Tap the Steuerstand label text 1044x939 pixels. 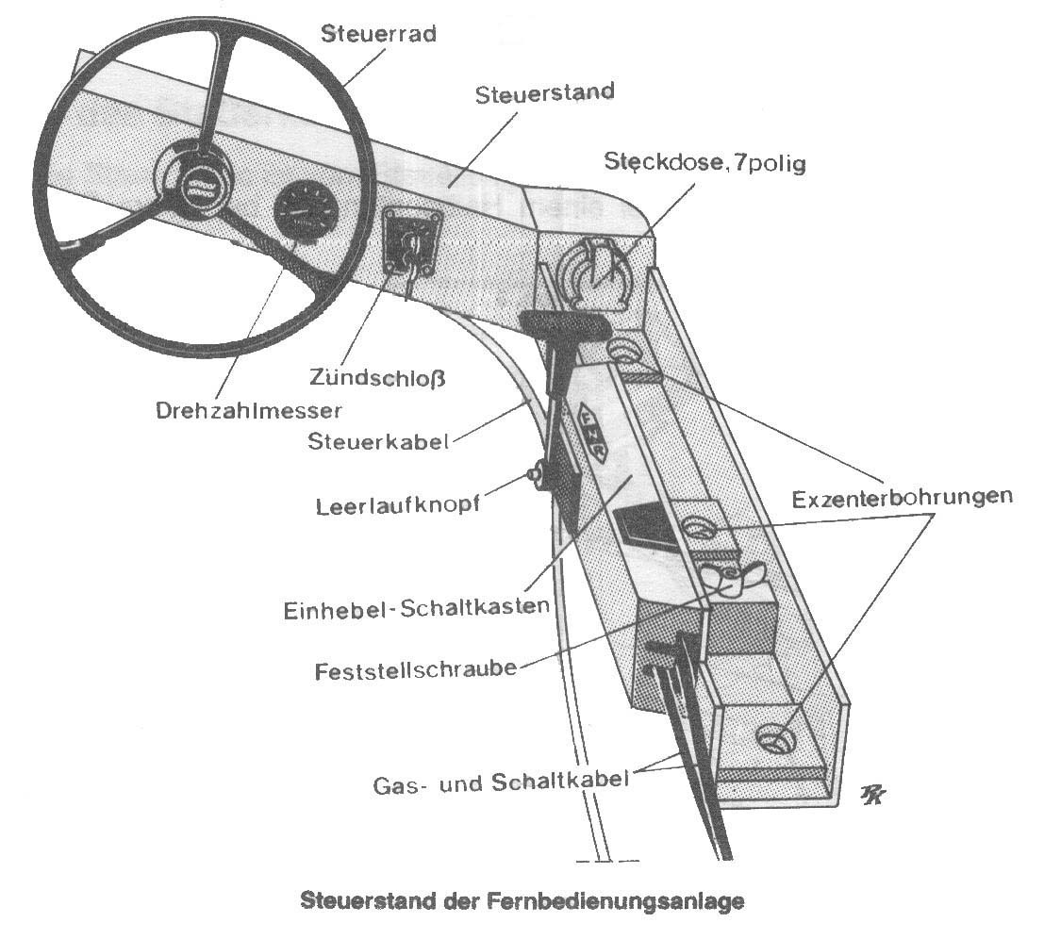pyautogui.click(x=545, y=93)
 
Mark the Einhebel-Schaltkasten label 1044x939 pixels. pyautogui.click(x=416, y=608)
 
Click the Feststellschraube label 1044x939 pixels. pyautogui.click(x=416, y=671)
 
